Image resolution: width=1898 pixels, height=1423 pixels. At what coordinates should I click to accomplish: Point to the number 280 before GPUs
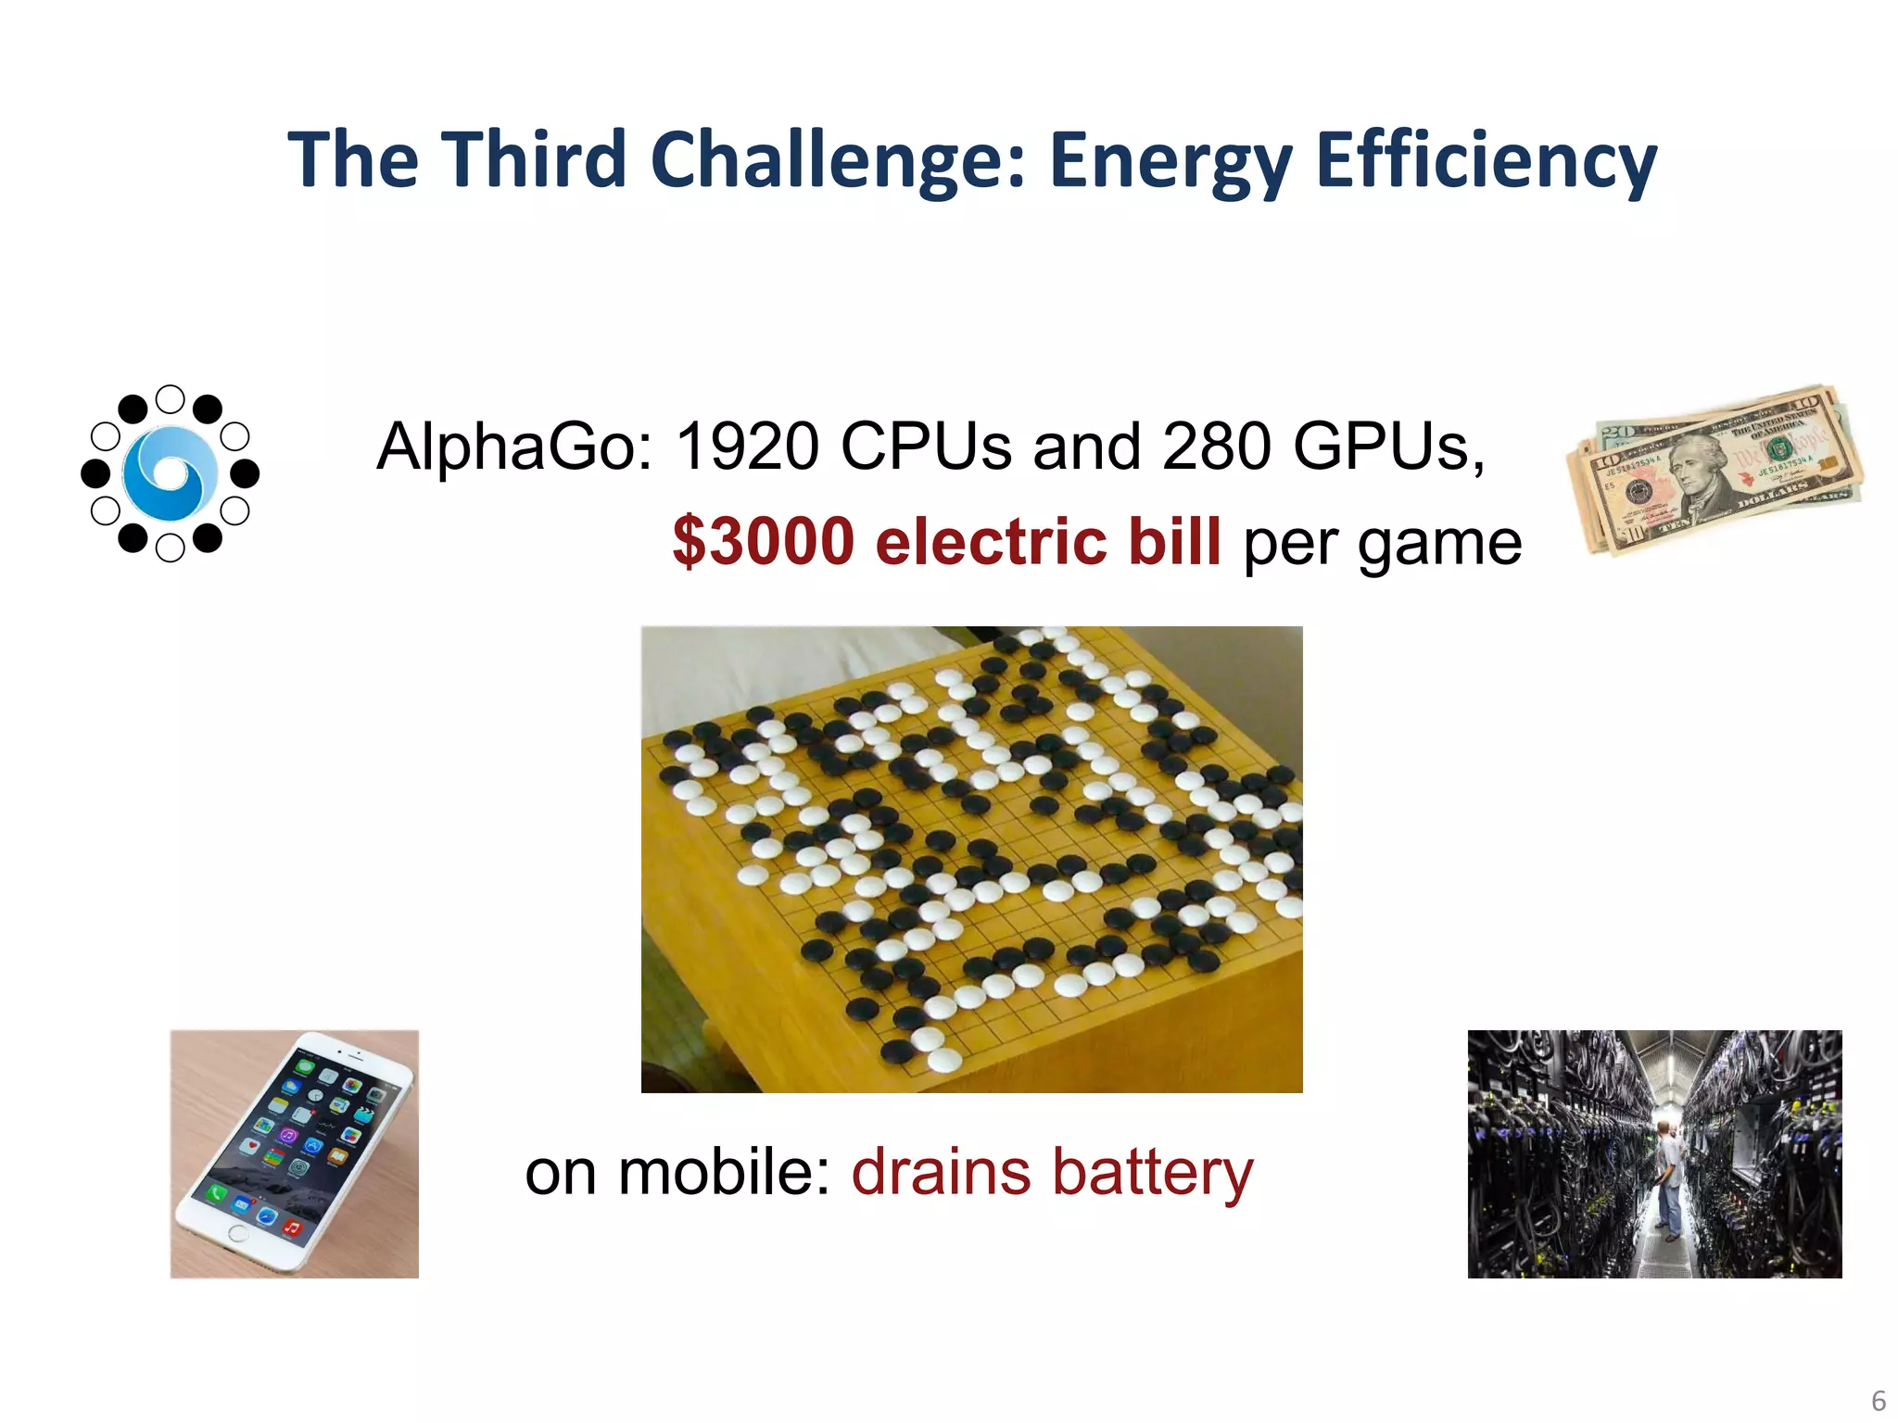pos(1216,447)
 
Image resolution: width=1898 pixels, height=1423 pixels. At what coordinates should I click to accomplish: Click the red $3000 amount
pos(763,542)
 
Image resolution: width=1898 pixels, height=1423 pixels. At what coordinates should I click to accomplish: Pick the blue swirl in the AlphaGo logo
pos(171,473)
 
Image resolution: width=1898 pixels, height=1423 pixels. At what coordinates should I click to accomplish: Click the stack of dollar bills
pos(1715,470)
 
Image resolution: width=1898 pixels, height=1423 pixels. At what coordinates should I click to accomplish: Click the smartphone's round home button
pos(237,1234)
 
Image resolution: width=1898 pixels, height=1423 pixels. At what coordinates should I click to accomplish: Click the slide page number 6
pos(1879,1400)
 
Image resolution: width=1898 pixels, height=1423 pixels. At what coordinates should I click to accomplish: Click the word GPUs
pos(1387,447)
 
